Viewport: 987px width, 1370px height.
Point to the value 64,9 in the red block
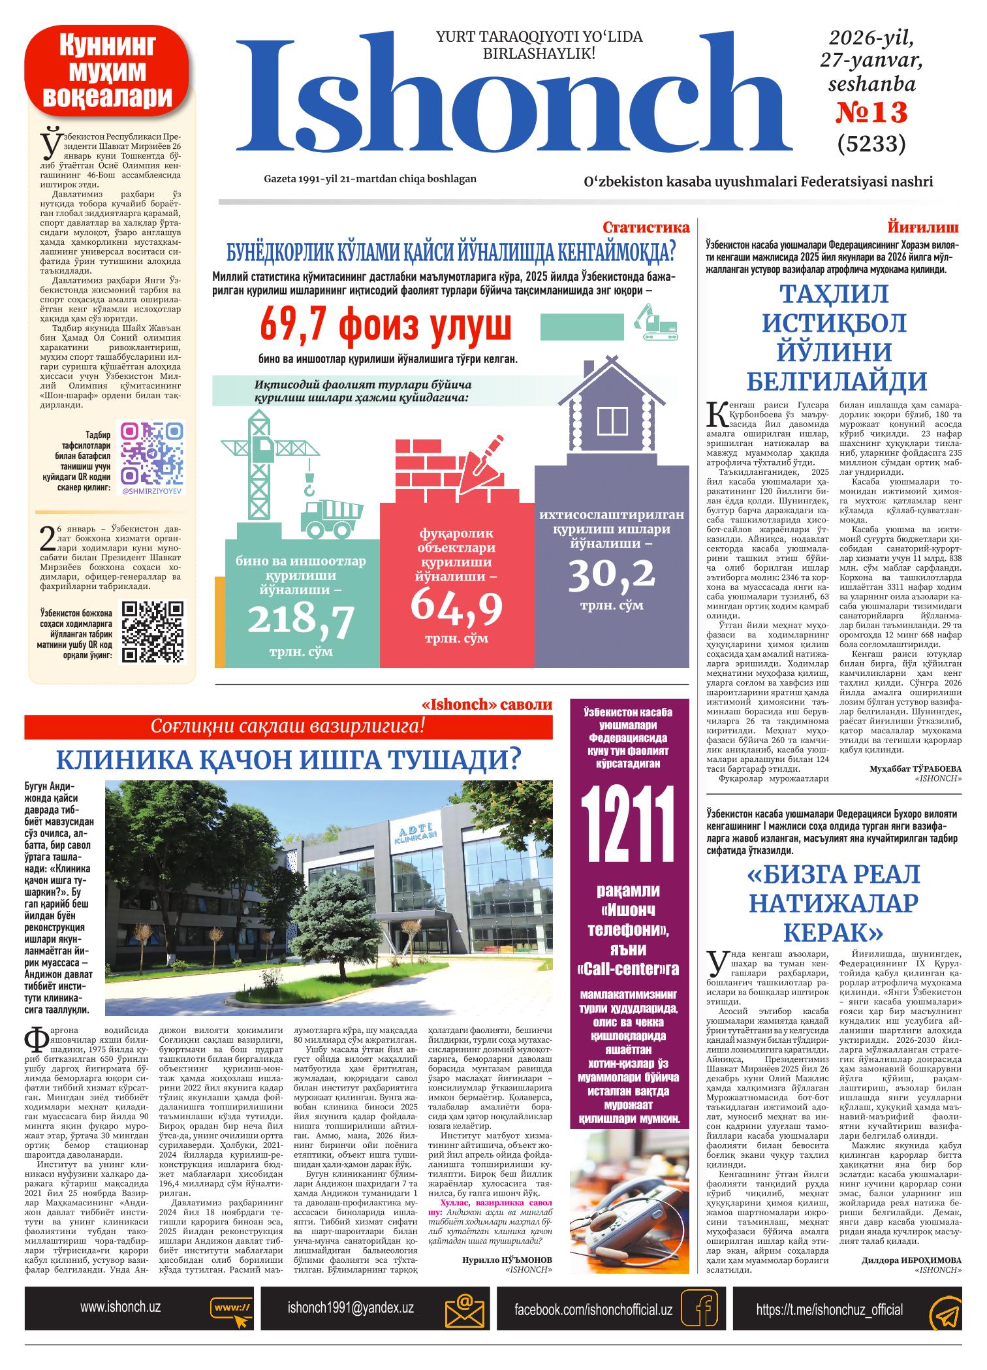[x=456, y=605]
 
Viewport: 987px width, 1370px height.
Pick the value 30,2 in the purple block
[x=611, y=573]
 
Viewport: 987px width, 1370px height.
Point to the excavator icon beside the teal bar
[x=655, y=324]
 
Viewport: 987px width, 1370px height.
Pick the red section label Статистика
[x=646, y=227]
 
